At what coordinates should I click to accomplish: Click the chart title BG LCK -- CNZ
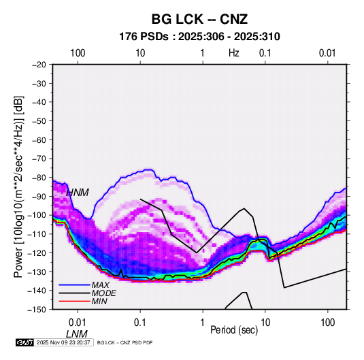[x=199, y=19]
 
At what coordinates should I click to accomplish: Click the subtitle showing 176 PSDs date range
[x=199, y=37]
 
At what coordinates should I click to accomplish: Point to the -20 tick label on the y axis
[x=39, y=65]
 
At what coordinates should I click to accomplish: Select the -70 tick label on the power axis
[x=39, y=159]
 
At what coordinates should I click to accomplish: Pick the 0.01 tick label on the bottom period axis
[x=78, y=323]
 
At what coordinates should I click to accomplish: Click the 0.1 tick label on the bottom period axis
[x=140, y=323]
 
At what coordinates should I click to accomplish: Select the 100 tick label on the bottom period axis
[x=327, y=323]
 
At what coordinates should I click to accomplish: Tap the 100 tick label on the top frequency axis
[x=78, y=53]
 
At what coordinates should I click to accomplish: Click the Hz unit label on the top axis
[x=234, y=53]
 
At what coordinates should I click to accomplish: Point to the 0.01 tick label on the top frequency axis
[x=327, y=53]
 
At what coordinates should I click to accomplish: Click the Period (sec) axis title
[x=234, y=330]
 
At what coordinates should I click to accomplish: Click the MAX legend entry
[x=100, y=285]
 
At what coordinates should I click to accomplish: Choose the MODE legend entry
[x=104, y=293]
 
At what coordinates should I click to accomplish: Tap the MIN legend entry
[x=99, y=301]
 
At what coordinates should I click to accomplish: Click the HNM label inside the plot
[x=78, y=193]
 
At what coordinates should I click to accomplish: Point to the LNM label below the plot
[x=77, y=334]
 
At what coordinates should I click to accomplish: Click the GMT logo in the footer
[x=24, y=342]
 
